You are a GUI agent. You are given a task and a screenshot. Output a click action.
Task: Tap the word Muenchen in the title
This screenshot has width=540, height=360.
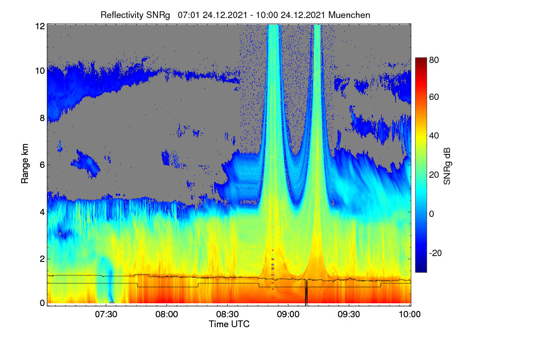tap(349, 15)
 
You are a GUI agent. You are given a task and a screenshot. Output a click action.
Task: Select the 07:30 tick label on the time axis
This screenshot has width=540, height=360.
tap(106, 315)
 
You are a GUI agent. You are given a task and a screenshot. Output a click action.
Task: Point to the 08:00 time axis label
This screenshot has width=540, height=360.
tap(166, 315)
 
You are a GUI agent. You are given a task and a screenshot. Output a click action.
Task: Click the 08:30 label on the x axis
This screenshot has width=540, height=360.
tap(227, 315)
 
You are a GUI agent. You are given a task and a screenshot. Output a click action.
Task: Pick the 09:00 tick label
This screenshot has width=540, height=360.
tap(288, 315)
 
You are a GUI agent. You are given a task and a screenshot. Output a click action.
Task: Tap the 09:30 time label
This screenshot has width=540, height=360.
tap(349, 315)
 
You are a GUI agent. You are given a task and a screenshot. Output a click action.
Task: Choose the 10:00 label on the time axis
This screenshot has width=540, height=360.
tap(409, 315)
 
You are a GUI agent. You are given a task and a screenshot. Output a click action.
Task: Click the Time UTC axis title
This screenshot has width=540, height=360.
tap(229, 324)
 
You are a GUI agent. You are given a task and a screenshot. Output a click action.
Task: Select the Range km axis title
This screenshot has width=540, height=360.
tap(25, 164)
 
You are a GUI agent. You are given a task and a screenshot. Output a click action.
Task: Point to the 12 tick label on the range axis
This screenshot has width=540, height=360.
tap(40, 26)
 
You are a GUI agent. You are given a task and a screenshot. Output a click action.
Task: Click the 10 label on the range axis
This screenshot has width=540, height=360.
tap(40, 71)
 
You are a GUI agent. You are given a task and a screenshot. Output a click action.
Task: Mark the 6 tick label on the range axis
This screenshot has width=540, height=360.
tap(42, 165)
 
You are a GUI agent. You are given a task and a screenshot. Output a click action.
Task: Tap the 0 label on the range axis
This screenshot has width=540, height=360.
tap(42, 303)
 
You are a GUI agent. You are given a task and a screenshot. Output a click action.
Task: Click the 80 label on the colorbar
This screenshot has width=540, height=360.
tap(434, 60)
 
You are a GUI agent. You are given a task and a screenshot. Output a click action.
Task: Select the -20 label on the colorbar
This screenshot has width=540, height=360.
tap(436, 253)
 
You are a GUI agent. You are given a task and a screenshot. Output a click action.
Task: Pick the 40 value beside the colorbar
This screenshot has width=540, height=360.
tap(434, 136)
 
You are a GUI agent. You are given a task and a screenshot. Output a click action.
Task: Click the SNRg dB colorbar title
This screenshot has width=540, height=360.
tap(447, 166)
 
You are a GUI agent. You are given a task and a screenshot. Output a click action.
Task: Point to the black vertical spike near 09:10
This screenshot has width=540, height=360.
tap(306, 292)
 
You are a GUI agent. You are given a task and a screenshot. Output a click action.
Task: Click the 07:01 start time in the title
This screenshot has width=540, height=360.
tap(189, 15)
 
